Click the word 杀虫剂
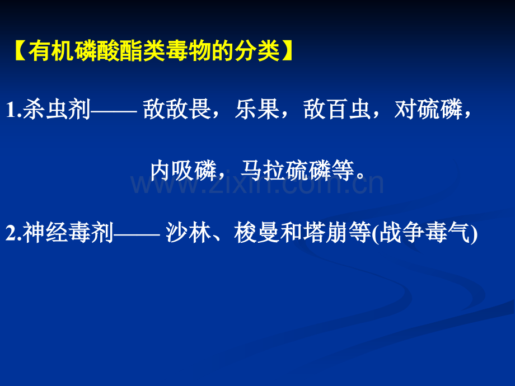pyautogui.click(x=56, y=110)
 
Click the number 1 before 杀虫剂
pyautogui.click(x=10, y=111)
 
